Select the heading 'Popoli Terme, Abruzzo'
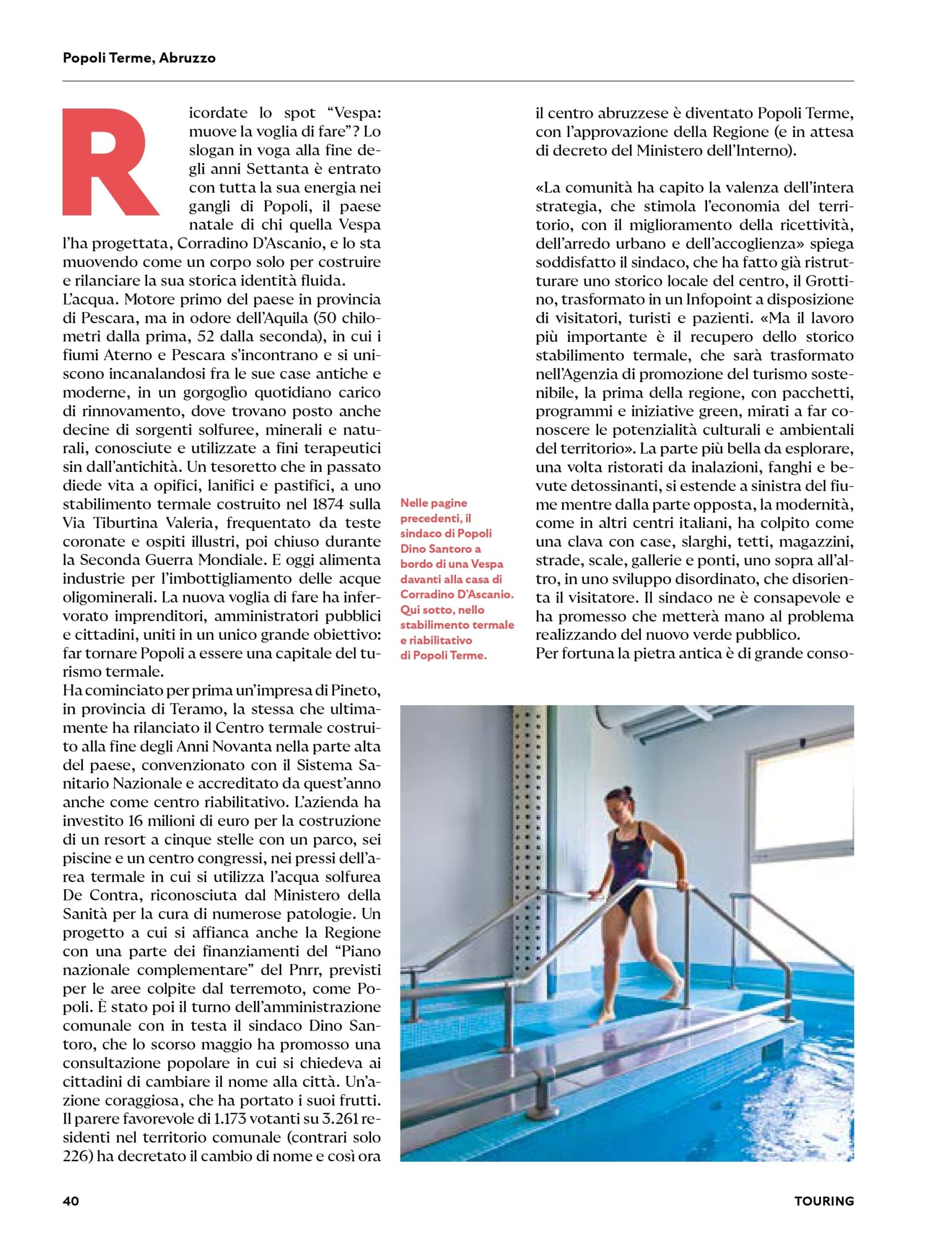(139, 58)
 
